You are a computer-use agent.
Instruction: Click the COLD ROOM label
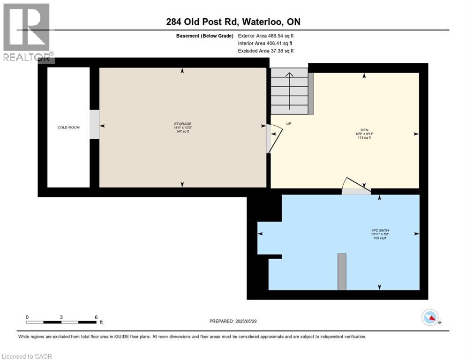click(68, 127)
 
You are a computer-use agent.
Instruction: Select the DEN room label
click(364, 130)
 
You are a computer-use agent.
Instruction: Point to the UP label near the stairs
click(289, 124)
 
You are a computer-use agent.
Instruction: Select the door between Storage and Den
click(274, 139)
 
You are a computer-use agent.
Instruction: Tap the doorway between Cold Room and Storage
click(94, 124)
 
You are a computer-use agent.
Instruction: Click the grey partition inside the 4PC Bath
click(342, 272)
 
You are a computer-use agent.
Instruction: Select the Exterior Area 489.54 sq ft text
click(266, 36)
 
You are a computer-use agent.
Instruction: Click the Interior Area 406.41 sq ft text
click(266, 43)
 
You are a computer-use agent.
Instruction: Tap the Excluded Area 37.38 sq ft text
click(266, 51)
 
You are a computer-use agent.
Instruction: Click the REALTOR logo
click(27, 33)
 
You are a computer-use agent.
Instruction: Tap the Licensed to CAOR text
click(27, 356)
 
